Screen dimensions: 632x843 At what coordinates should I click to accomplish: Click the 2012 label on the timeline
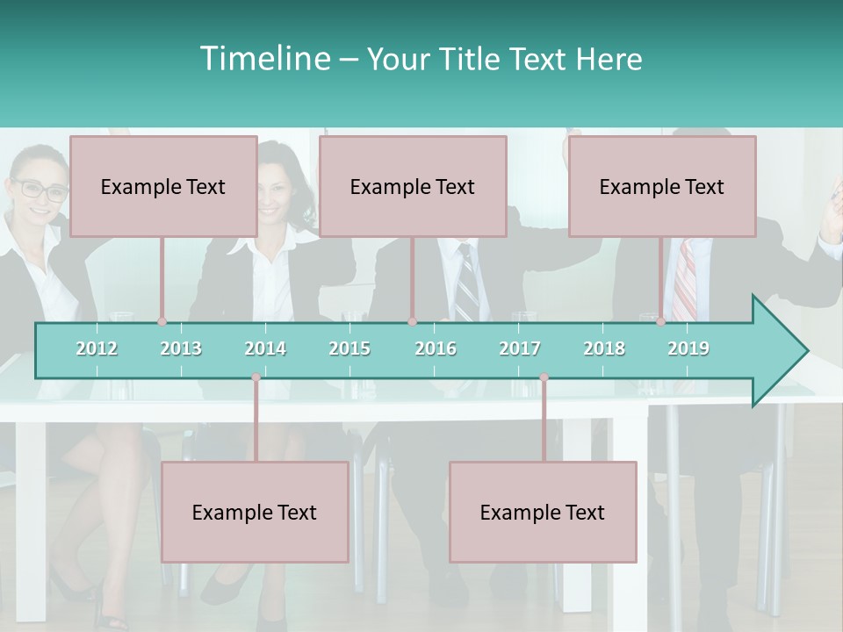pyautogui.click(x=97, y=348)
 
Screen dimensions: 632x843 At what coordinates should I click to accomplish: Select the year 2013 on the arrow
pyautogui.click(x=181, y=348)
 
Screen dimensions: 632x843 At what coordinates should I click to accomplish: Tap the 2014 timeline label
pyautogui.click(x=265, y=348)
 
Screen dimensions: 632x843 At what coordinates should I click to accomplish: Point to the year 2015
pyautogui.click(x=349, y=348)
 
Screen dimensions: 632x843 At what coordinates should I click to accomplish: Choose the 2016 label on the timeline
pyautogui.click(x=436, y=348)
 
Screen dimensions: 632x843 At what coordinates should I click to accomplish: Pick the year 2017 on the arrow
pyautogui.click(x=520, y=348)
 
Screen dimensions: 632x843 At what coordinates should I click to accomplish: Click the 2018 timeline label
pyautogui.click(x=604, y=348)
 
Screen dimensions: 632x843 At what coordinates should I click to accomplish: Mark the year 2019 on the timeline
pyautogui.click(x=688, y=348)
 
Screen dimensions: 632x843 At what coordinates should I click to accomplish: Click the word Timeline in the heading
pyautogui.click(x=263, y=59)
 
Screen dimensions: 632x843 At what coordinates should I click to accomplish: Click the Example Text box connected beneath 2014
pyautogui.click(x=255, y=512)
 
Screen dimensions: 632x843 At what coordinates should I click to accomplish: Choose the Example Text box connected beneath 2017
pyautogui.click(x=543, y=512)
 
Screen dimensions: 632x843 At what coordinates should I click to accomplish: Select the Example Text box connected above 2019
pyautogui.click(x=662, y=186)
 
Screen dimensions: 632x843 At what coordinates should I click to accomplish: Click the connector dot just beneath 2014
pyautogui.click(x=256, y=377)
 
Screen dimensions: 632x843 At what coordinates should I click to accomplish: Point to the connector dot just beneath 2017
pyautogui.click(x=544, y=377)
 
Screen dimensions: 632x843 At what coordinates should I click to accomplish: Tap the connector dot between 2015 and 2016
pyautogui.click(x=412, y=322)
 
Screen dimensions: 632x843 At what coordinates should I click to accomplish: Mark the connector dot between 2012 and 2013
pyautogui.click(x=162, y=322)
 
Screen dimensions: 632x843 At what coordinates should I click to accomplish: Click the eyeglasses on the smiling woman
pyautogui.click(x=40, y=189)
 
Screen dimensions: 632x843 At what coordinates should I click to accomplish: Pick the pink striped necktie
pyautogui.click(x=686, y=281)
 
